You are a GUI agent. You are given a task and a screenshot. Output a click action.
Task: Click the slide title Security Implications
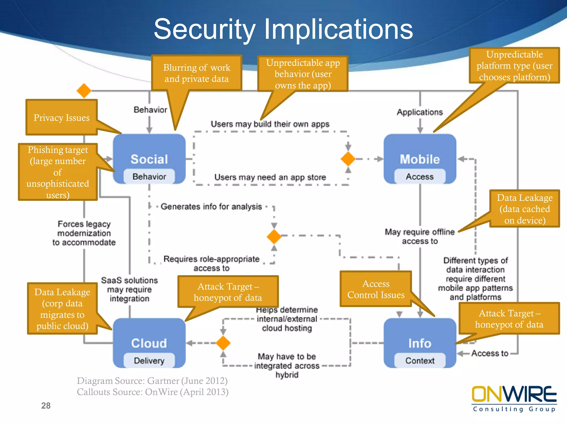coord(283,29)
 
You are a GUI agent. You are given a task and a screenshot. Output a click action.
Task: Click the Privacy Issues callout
coord(61,118)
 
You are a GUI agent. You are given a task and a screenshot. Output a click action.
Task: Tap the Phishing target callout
coord(58,172)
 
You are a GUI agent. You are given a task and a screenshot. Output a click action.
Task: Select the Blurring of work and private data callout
coord(197,73)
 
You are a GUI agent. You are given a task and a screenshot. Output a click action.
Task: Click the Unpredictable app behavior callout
coord(303,74)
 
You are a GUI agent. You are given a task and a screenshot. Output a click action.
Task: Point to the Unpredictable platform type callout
coord(514,66)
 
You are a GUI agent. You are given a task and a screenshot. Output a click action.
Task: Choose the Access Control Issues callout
coord(376,289)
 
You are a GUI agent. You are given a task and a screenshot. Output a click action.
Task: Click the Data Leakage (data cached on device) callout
coord(524,209)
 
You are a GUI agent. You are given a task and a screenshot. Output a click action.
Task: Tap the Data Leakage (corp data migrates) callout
coord(62,309)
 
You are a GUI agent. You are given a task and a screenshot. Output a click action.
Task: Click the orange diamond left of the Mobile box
coord(348,159)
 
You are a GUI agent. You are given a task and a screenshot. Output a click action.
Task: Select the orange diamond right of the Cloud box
coord(223,343)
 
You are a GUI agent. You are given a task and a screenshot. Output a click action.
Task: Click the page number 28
coord(46,406)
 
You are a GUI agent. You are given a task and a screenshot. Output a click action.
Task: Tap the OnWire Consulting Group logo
coord(514,398)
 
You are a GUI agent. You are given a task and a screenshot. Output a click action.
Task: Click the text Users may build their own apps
coord(270,124)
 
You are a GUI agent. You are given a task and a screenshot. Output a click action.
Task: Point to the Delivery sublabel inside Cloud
coord(149,361)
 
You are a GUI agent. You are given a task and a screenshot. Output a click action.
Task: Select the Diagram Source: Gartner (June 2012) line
coord(152,381)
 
